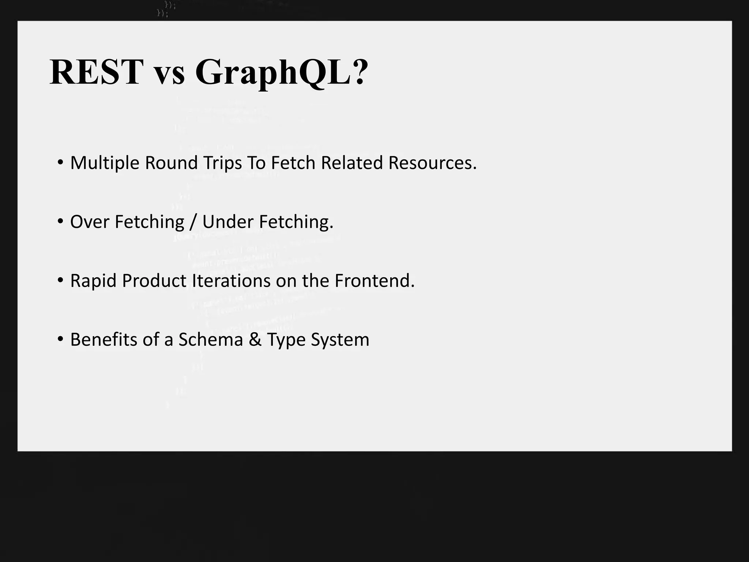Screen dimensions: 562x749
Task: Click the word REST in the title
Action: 96,72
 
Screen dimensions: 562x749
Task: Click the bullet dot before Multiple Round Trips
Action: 60,162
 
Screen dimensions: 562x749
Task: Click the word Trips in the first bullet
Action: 223,163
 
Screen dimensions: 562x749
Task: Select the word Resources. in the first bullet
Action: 432,163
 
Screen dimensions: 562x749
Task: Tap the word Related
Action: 352,163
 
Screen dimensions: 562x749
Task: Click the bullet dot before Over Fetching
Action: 60,221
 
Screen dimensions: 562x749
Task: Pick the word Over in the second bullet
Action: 90,222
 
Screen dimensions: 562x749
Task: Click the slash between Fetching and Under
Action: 193,222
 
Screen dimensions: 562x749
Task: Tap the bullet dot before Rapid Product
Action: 60,280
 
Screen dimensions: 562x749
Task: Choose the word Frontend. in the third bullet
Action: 374,281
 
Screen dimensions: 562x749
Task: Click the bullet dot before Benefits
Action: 60,339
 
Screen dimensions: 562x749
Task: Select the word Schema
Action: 211,340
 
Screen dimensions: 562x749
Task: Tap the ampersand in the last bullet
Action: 255,340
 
